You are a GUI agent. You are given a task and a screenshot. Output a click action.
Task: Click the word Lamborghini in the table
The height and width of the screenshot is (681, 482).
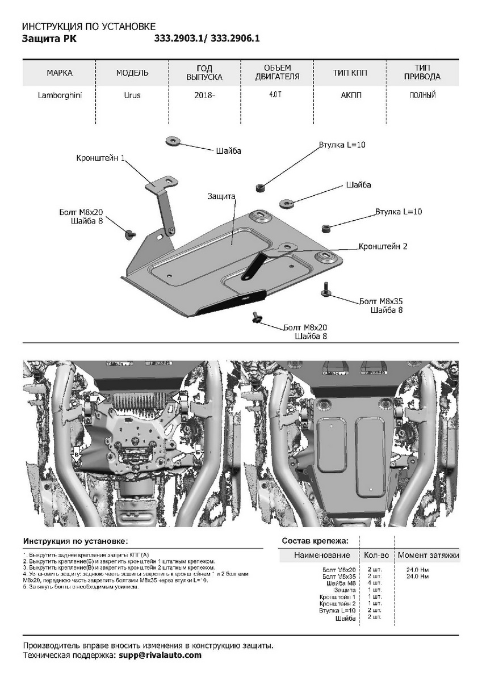coord(60,95)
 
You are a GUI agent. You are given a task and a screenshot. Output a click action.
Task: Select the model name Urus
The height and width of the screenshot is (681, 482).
coord(132,95)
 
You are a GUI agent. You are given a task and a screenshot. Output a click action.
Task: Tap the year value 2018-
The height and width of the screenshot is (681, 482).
coord(204,95)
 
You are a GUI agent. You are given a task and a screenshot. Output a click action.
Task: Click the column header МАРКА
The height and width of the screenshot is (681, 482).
coord(60,73)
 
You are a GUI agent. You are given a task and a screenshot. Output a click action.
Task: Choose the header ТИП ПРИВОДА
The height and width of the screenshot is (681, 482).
coord(422,73)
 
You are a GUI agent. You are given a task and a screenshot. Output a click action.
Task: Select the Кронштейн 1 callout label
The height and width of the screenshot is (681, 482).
coord(100,158)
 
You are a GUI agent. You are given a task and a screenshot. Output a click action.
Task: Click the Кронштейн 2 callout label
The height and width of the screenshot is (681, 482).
coord(383,247)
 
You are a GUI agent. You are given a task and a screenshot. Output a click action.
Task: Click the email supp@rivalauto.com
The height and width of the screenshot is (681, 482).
coord(160,655)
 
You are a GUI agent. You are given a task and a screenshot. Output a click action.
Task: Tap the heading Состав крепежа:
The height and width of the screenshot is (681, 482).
coord(315,541)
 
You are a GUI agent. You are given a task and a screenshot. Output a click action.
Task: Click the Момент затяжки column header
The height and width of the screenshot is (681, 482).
coord(428,555)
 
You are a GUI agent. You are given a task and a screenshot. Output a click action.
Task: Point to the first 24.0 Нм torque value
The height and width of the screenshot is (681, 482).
coord(418,570)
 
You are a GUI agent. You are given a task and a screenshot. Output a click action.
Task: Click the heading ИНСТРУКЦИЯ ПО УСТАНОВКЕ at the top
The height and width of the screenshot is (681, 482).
coord(88,27)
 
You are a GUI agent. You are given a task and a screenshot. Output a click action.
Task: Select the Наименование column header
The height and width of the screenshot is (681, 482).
coord(322,555)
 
